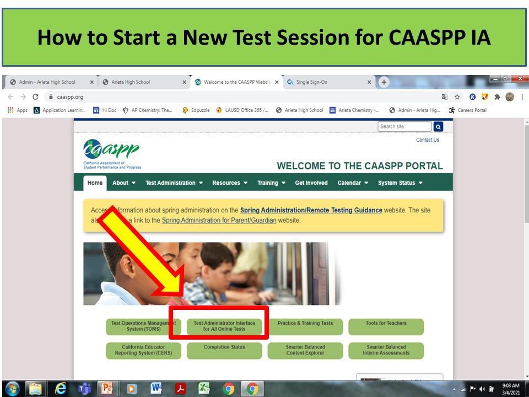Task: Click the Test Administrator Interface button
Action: pyautogui.click(x=224, y=326)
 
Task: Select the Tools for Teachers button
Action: pyautogui.click(x=386, y=326)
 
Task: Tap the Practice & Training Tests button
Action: pyautogui.click(x=305, y=326)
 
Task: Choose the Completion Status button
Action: pyautogui.click(x=224, y=350)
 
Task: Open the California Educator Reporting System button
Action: pyautogui.click(x=143, y=350)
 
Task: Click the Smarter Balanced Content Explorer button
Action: pyautogui.click(x=305, y=350)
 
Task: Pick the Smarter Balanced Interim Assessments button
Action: pyautogui.click(x=386, y=350)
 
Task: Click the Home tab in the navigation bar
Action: pyautogui.click(x=95, y=183)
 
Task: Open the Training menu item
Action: pyautogui.click(x=271, y=183)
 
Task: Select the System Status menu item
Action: pyautogui.click(x=400, y=183)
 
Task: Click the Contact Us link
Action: pyautogui.click(x=428, y=140)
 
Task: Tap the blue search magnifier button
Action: pyautogui.click(x=438, y=127)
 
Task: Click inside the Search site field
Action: pyautogui.click(x=404, y=127)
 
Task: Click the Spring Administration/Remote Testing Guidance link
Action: pyautogui.click(x=311, y=211)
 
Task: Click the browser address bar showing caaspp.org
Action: pyautogui.click(x=220, y=97)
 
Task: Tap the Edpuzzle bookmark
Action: pyautogui.click(x=196, y=110)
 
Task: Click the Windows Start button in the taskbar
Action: pyautogui.click(x=12, y=389)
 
